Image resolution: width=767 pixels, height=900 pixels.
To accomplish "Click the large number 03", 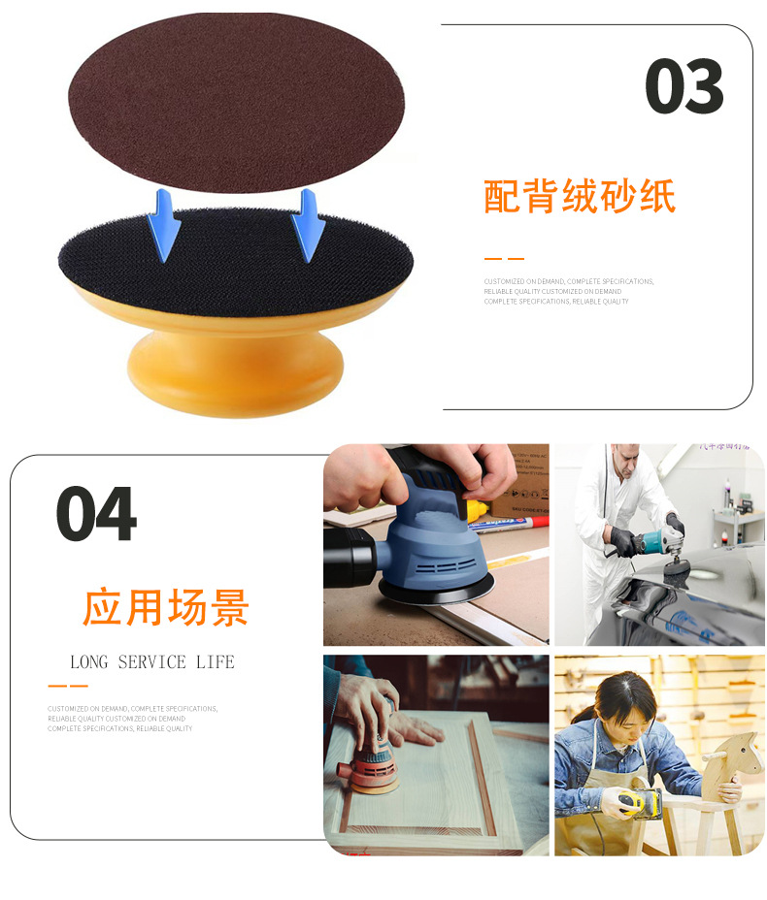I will [x=684, y=88].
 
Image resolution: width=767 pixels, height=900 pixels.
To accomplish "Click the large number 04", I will [x=96, y=513].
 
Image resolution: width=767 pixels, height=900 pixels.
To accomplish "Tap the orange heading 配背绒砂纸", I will [x=579, y=196].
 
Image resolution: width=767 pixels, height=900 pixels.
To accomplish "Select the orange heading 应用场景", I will [x=166, y=607].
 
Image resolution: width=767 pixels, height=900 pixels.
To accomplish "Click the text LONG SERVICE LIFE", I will [x=152, y=662].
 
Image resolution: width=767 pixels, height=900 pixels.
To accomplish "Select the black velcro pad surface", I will [x=236, y=257].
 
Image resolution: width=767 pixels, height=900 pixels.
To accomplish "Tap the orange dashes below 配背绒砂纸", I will [x=504, y=259].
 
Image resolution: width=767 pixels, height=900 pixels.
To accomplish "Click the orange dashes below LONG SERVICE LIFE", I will [x=67, y=686].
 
